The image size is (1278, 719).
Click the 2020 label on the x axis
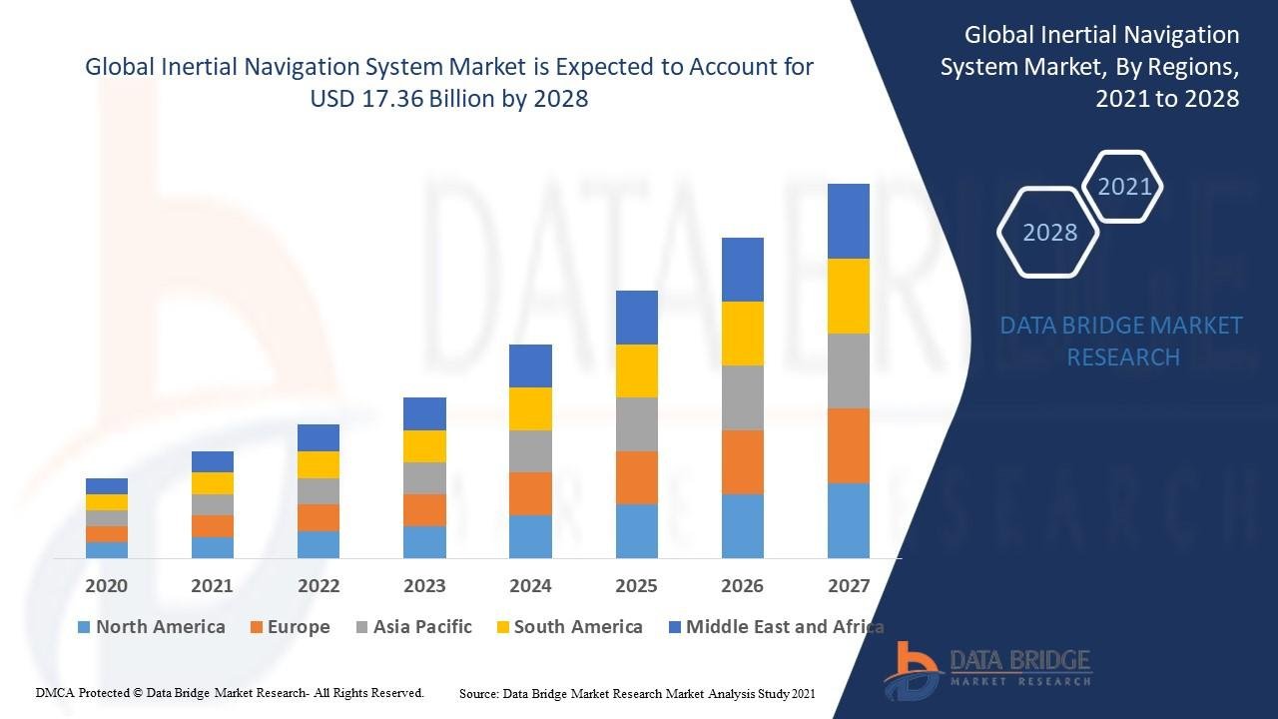(106, 585)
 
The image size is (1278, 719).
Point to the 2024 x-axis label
(530, 585)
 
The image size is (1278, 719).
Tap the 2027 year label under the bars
(849, 585)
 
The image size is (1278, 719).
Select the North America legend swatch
(85, 627)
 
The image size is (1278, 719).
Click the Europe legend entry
(290, 627)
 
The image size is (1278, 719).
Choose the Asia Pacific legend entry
(412, 627)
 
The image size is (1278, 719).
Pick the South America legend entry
(568, 627)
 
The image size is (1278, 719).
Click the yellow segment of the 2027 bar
(849, 296)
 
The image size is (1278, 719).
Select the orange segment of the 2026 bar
(742, 461)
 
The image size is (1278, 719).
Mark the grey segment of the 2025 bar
(636, 424)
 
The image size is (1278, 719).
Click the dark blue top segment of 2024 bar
(530, 365)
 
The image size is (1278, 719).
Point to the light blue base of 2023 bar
(424, 541)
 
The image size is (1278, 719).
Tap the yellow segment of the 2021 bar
(212, 483)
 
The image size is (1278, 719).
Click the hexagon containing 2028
(1049, 233)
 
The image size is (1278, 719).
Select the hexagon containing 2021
(1124, 187)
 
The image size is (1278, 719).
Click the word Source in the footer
(478, 693)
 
